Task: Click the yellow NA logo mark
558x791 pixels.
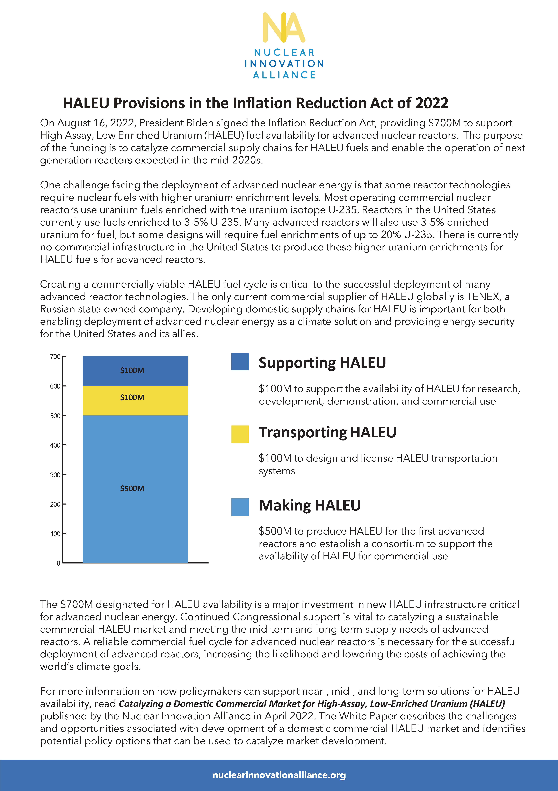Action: click(x=283, y=28)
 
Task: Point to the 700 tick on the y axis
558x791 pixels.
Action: click(x=55, y=357)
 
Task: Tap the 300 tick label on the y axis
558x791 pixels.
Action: click(x=55, y=475)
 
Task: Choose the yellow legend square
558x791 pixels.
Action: click(x=240, y=434)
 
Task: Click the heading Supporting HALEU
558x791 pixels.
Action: click(x=322, y=363)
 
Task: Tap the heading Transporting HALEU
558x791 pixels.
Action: click(x=327, y=432)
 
